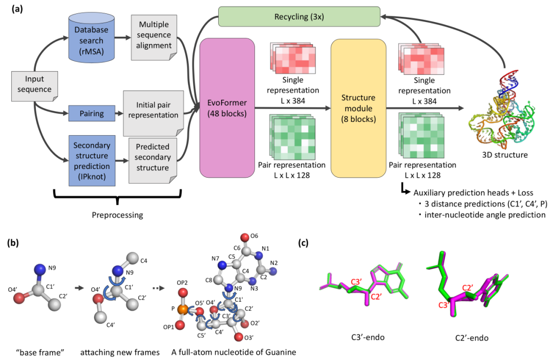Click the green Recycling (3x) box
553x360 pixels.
point(299,16)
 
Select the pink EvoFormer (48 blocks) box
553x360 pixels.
point(227,108)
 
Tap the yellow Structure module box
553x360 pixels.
point(358,108)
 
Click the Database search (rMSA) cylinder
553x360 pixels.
point(91,38)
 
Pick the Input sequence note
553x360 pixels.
point(35,87)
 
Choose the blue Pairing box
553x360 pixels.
point(92,114)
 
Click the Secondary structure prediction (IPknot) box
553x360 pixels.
point(92,161)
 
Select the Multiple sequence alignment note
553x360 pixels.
point(154,37)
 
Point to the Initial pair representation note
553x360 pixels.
point(153,113)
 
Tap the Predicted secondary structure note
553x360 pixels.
point(153,160)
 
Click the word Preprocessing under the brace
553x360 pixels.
point(117,215)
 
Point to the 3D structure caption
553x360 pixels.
point(505,155)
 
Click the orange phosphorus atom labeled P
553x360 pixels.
point(182,310)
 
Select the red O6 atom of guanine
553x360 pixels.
point(245,237)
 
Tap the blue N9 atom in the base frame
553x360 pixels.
point(40,269)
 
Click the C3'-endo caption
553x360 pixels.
point(368,337)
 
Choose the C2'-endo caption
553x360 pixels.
point(472,338)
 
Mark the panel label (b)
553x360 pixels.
point(13,243)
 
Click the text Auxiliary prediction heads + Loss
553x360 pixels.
point(473,193)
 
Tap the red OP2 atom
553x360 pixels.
point(183,292)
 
